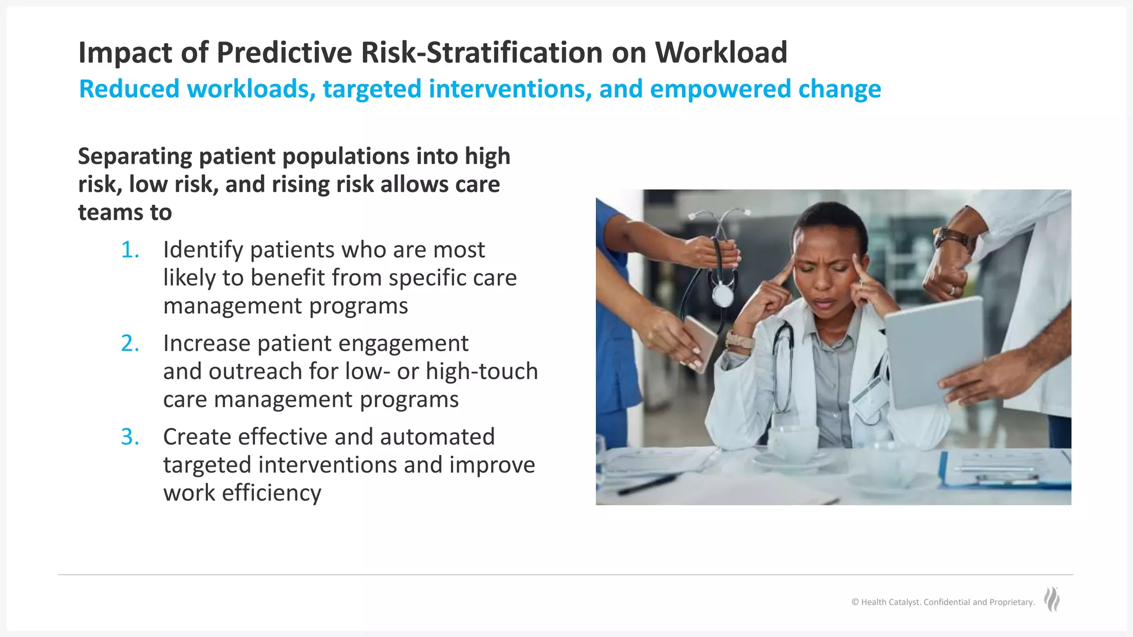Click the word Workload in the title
pyautogui.click(x=721, y=53)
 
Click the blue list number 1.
pyautogui.click(x=131, y=250)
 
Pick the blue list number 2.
pyautogui.click(x=131, y=343)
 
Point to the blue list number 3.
pyautogui.click(x=131, y=437)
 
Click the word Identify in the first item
pyautogui.click(x=203, y=250)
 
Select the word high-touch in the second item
pyautogui.click(x=481, y=372)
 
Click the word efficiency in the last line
pyautogui.click(x=271, y=493)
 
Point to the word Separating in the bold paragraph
pyautogui.click(x=134, y=156)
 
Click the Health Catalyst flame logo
pyautogui.click(x=1052, y=600)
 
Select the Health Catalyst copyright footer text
pyautogui.click(x=943, y=602)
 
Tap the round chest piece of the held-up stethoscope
pyautogui.click(x=722, y=295)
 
